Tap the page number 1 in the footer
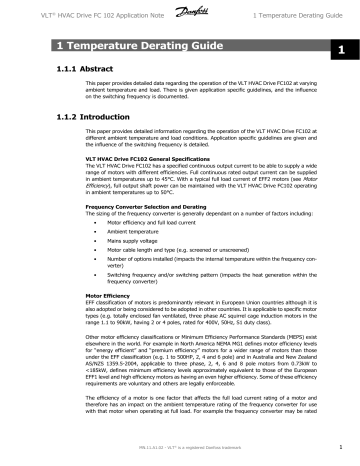coord(341,448)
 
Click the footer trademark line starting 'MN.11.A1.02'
coord(180,448)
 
